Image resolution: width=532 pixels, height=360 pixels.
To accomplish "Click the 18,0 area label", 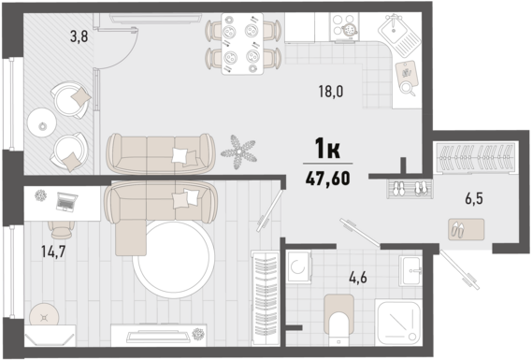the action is coord(331,92).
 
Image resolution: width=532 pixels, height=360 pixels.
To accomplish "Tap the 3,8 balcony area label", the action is coord(79,36).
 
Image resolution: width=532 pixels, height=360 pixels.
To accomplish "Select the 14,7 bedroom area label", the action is coord(53,252).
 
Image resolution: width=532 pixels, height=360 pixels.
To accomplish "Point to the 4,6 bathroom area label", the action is coord(358,278).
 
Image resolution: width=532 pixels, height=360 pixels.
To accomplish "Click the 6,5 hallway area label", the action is coord(474,198).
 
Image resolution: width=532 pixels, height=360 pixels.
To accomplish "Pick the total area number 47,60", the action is coord(327,179).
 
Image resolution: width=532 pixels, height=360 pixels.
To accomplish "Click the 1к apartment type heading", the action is coord(327,149).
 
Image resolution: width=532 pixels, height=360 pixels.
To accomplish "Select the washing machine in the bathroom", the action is coord(298,266).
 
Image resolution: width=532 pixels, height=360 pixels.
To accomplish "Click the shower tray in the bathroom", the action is coord(398,322).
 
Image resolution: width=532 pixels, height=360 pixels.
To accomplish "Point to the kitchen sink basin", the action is coord(395,31).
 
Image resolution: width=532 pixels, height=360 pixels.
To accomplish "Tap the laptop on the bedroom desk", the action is coord(66,202).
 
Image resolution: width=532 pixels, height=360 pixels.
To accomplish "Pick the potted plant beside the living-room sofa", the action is coord(238,151).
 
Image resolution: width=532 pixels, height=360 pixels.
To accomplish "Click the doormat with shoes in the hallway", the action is coord(466,230).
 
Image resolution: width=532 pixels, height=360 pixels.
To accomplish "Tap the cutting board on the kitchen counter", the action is coord(407,73).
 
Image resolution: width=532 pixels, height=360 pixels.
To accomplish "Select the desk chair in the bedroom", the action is coord(62,230).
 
